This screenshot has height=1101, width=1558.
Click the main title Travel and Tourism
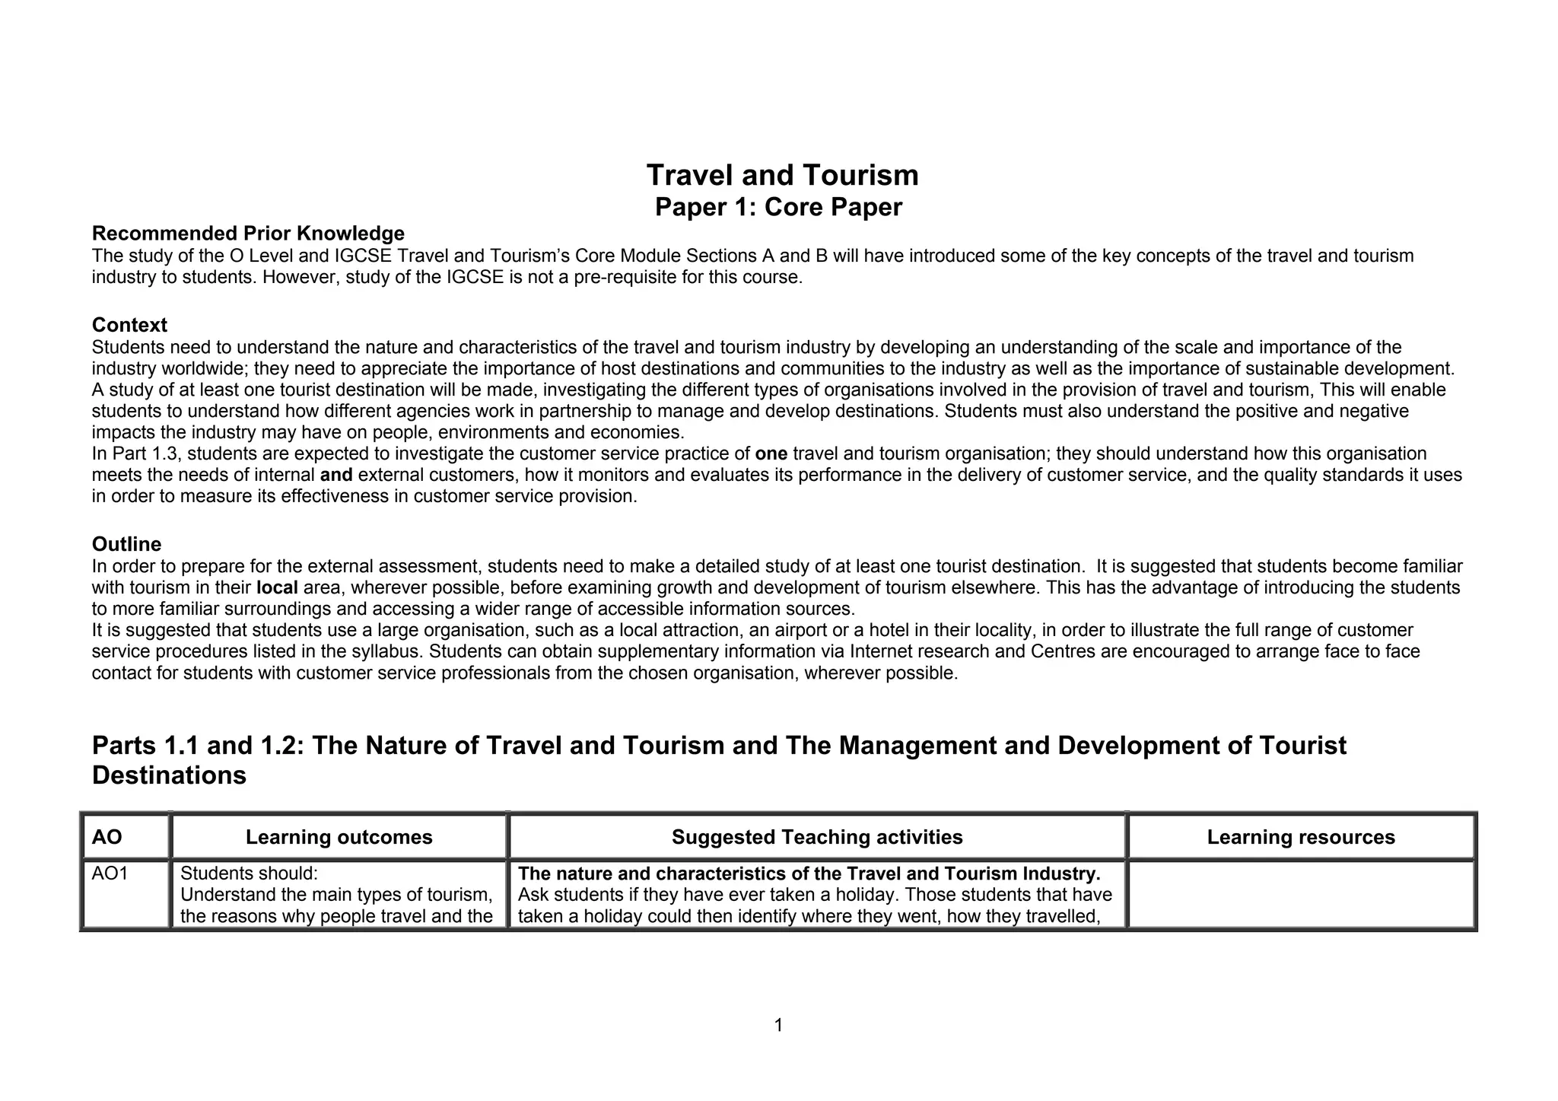(x=782, y=175)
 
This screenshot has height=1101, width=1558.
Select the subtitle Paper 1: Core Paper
(x=778, y=207)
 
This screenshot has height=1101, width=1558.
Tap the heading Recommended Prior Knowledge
(x=248, y=233)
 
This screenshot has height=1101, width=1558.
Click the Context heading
(x=129, y=325)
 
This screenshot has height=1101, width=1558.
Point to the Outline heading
(x=126, y=544)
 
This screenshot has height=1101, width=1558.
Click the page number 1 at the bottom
(x=778, y=1026)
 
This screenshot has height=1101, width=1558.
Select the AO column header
(x=107, y=837)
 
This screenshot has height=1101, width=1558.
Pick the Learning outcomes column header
(x=339, y=837)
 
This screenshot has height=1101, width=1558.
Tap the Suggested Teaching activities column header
(x=817, y=837)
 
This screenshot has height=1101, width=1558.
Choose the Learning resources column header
(x=1301, y=837)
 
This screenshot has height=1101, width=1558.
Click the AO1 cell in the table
(x=110, y=873)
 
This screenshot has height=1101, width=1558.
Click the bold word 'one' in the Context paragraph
(x=771, y=454)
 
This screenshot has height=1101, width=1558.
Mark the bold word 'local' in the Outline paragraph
(x=277, y=588)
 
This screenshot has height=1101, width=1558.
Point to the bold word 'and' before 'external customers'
(x=336, y=476)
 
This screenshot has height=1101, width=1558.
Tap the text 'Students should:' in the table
(x=248, y=873)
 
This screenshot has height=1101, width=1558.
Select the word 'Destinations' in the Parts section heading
(x=169, y=775)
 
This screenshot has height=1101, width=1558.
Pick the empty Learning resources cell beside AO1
(x=1301, y=894)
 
